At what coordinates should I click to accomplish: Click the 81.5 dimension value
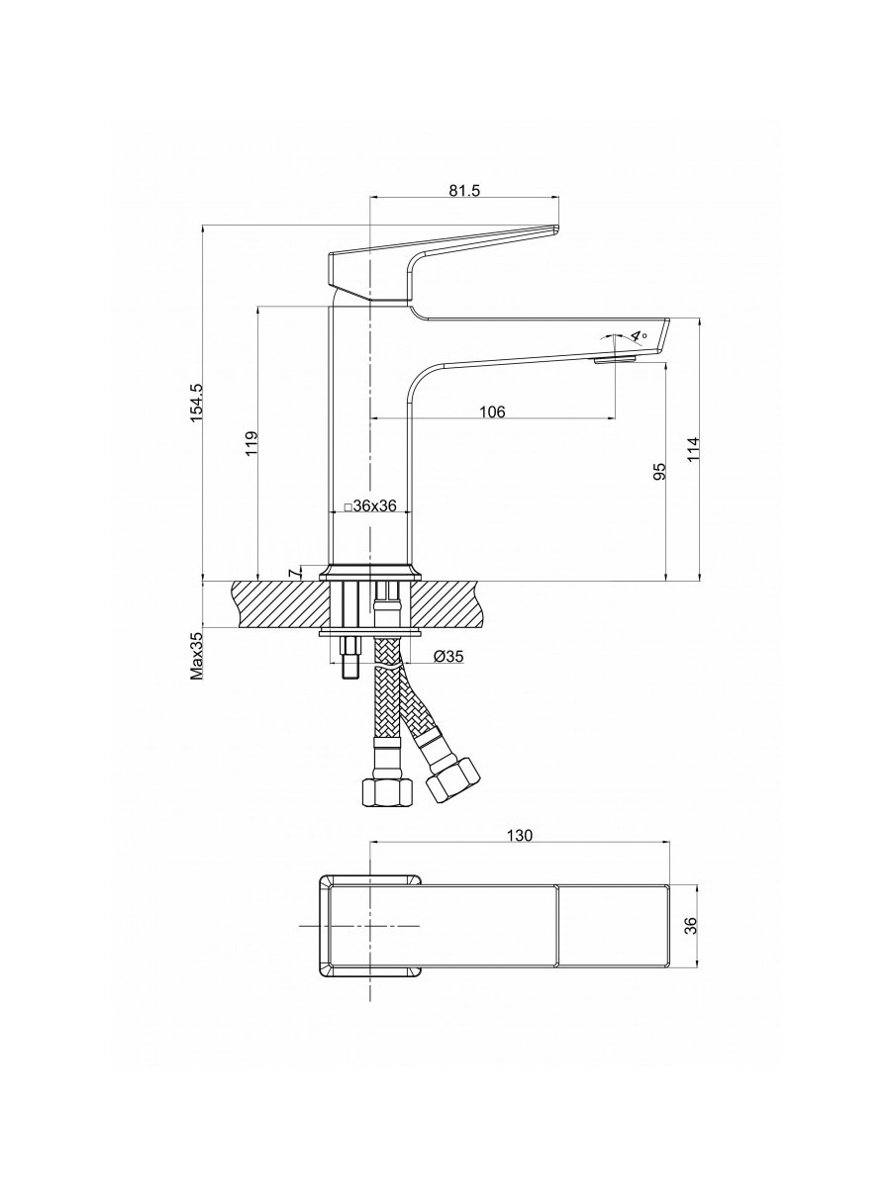click(x=464, y=191)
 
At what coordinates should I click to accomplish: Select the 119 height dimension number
click(x=251, y=443)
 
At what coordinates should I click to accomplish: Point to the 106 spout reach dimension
click(x=492, y=411)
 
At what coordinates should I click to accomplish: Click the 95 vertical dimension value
click(x=659, y=471)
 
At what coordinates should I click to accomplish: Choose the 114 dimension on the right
click(x=693, y=448)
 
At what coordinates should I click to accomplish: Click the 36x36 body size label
click(x=371, y=506)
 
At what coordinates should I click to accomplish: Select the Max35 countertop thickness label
click(x=196, y=656)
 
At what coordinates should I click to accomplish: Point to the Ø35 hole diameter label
click(x=448, y=657)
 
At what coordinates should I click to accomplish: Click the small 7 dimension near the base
click(x=293, y=573)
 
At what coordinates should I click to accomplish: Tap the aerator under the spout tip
click(x=615, y=360)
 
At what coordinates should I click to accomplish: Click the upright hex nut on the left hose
click(x=386, y=795)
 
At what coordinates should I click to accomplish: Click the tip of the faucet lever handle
click(x=557, y=228)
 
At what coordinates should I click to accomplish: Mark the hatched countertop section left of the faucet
click(x=281, y=604)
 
